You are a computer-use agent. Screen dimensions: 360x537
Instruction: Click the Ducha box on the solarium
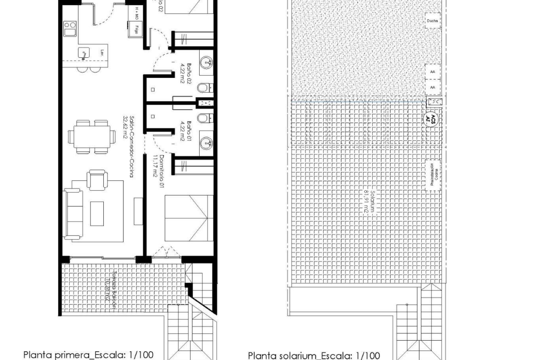click(x=432, y=21)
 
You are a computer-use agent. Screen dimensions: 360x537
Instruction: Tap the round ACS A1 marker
click(x=432, y=119)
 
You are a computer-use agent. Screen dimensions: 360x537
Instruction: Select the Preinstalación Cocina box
click(x=433, y=176)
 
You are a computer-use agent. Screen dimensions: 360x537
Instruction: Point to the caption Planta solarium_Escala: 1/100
click(x=314, y=355)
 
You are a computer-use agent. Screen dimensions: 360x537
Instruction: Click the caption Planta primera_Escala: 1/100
click(x=87, y=355)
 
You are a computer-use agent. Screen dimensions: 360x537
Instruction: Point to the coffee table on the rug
click(x=97, y=213)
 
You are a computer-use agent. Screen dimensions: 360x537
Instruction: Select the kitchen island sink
click(x=84, y=53)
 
